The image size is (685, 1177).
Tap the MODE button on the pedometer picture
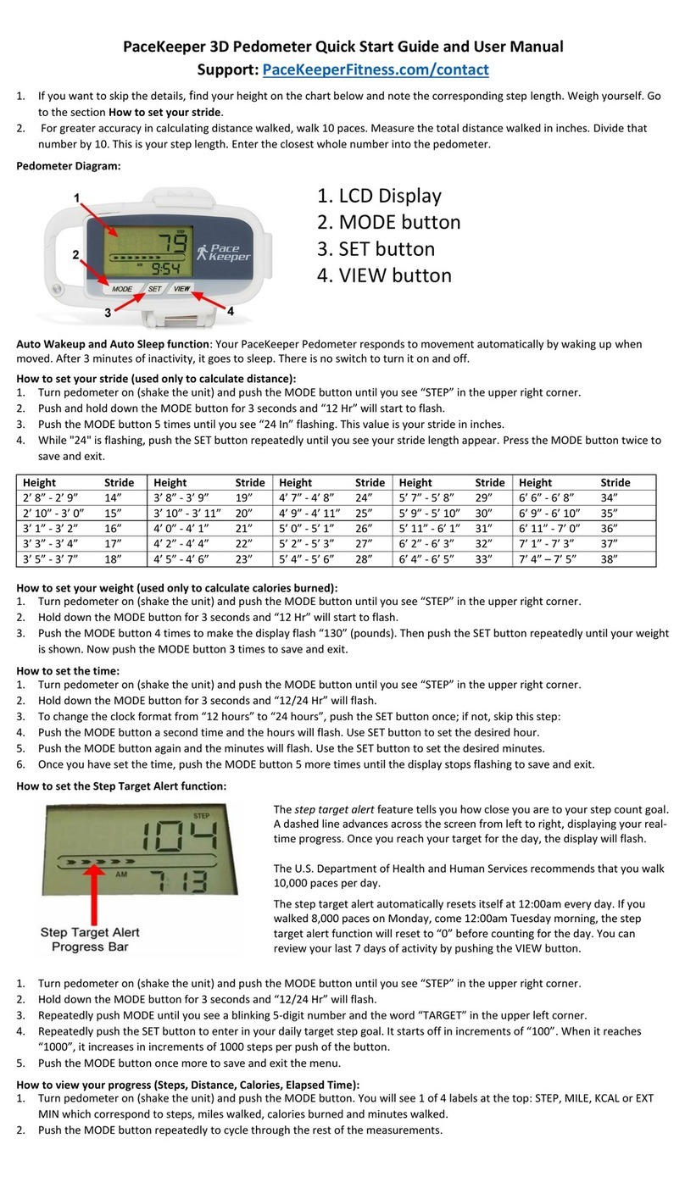coord(123,288)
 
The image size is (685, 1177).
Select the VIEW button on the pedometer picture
coord(181,288)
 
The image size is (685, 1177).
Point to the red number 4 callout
coord(229,311)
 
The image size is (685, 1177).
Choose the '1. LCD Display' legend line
coord(379,196)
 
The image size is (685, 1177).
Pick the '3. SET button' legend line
coord(375,249)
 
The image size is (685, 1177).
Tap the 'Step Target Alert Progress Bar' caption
coord(90,940)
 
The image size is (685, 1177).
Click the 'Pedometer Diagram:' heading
coord(69,166)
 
